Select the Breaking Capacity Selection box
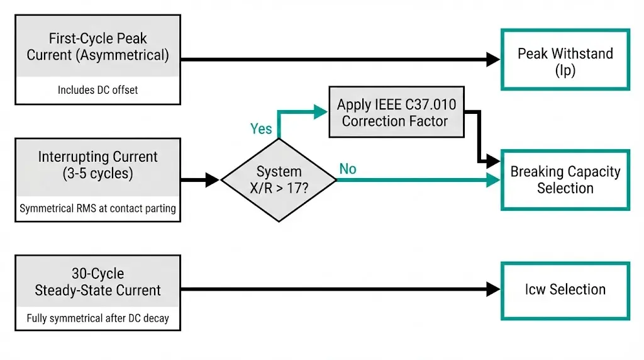(565, 179)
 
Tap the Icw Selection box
(565, 290)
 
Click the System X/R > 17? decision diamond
(279, 180)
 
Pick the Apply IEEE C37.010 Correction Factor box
(396, 112)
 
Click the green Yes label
(261, 129)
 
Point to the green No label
(348, 169)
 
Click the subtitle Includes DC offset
(97, 90)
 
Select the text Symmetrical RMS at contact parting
(97, 208)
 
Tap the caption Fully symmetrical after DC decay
(97, 318)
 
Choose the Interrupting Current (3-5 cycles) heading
(97, 165)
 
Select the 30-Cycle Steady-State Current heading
(97, 282)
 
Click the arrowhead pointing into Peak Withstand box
(494, 60)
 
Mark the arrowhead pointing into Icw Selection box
(494, 290)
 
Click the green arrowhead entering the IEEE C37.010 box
(322, 112)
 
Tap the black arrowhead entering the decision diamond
(213, 180)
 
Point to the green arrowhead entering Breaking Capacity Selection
(494, 180)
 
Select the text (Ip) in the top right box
(565, 70)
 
